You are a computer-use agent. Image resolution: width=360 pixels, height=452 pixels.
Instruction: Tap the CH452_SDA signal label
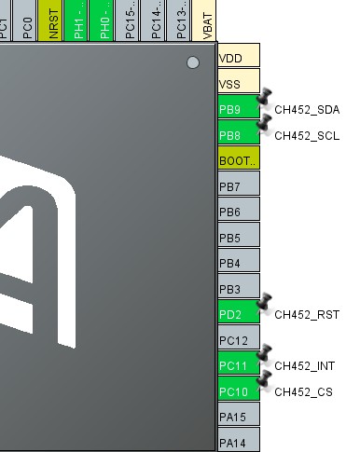[307, 110]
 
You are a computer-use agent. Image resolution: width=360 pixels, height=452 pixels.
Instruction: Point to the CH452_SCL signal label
[307, 136]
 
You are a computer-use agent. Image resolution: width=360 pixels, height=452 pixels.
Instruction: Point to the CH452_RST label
[307, 315]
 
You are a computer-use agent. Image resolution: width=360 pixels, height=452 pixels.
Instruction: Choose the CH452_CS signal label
[303, 392]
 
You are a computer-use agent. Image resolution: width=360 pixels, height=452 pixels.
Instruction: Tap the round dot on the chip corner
[193, 62]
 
